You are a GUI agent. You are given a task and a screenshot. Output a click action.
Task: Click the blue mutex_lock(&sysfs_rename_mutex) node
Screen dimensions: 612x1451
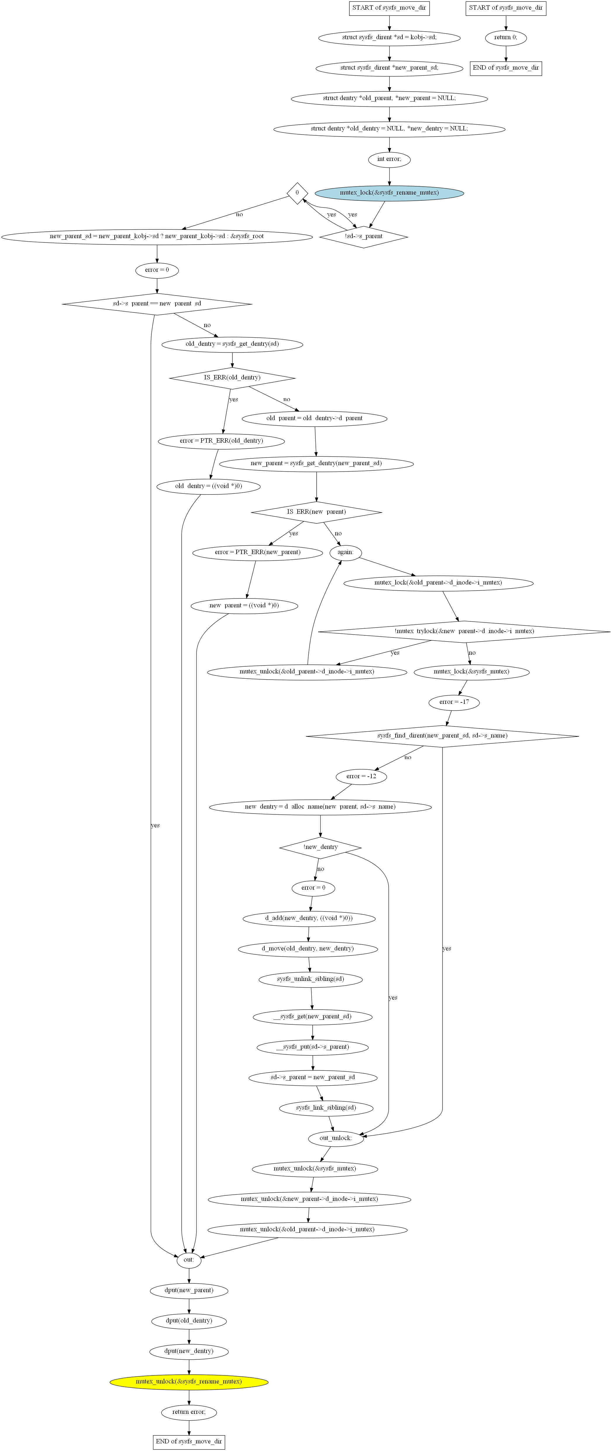point(389,193)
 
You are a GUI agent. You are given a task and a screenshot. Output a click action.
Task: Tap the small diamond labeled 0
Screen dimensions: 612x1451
point(297,193)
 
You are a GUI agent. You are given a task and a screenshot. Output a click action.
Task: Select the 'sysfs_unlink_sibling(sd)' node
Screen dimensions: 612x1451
point(310,979)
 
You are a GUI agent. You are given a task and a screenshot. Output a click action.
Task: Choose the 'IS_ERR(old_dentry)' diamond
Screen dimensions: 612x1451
point(232,377)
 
